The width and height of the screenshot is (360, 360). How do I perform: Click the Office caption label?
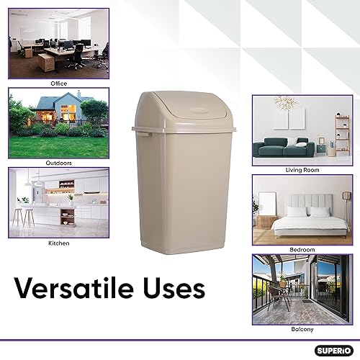point(58,84)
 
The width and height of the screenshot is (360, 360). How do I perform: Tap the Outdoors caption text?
point(58,163)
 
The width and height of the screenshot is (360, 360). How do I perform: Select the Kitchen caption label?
point(58,243)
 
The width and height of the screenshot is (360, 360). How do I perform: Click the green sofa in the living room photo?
point(287,148)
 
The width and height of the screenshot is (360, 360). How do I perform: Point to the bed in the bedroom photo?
point(306,220)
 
